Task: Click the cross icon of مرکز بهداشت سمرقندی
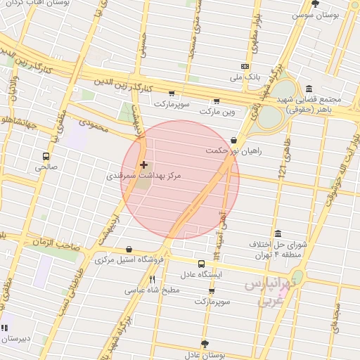pyautogui.click(x=144, y=165)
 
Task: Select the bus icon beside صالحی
pyautogui.click(x=46, y=156)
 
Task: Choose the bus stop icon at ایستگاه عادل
pyautogui.click(x=202, y=264)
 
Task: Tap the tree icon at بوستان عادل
pyautogui.click(x=205, y=344)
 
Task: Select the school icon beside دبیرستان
pyautogui.click(x=6, y=328)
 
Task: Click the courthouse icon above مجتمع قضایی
pyautogui.click(x=309, y=89)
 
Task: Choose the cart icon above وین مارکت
pyautogui.click(x=217, y=101)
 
